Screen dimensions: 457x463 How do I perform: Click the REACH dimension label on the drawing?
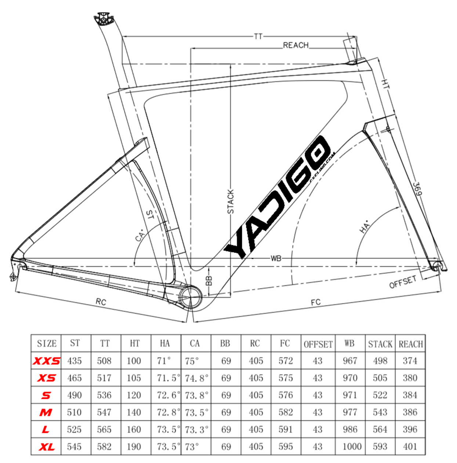click(295, 45)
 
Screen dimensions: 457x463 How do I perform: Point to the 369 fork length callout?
click(417, 189)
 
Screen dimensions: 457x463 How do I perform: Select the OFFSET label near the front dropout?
click(403, 282)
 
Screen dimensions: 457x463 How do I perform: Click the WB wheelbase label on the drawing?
click(276, 258)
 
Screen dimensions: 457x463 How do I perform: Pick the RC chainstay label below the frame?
click(101, 301)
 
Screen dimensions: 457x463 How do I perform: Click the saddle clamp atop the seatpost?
click(103, 18)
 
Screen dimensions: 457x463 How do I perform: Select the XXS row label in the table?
click(46, 361)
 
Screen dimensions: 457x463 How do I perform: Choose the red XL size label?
click(46, 447)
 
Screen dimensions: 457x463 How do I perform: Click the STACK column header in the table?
click(380, 344)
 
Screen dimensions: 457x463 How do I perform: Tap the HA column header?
click(165, 344)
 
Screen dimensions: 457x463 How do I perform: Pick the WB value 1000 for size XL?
click(352, 447)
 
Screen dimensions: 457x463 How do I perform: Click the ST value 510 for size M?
click(74, 412)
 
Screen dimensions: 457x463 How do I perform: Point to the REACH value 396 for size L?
click(410, 429)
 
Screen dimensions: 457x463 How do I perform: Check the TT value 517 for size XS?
click(104, 378)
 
